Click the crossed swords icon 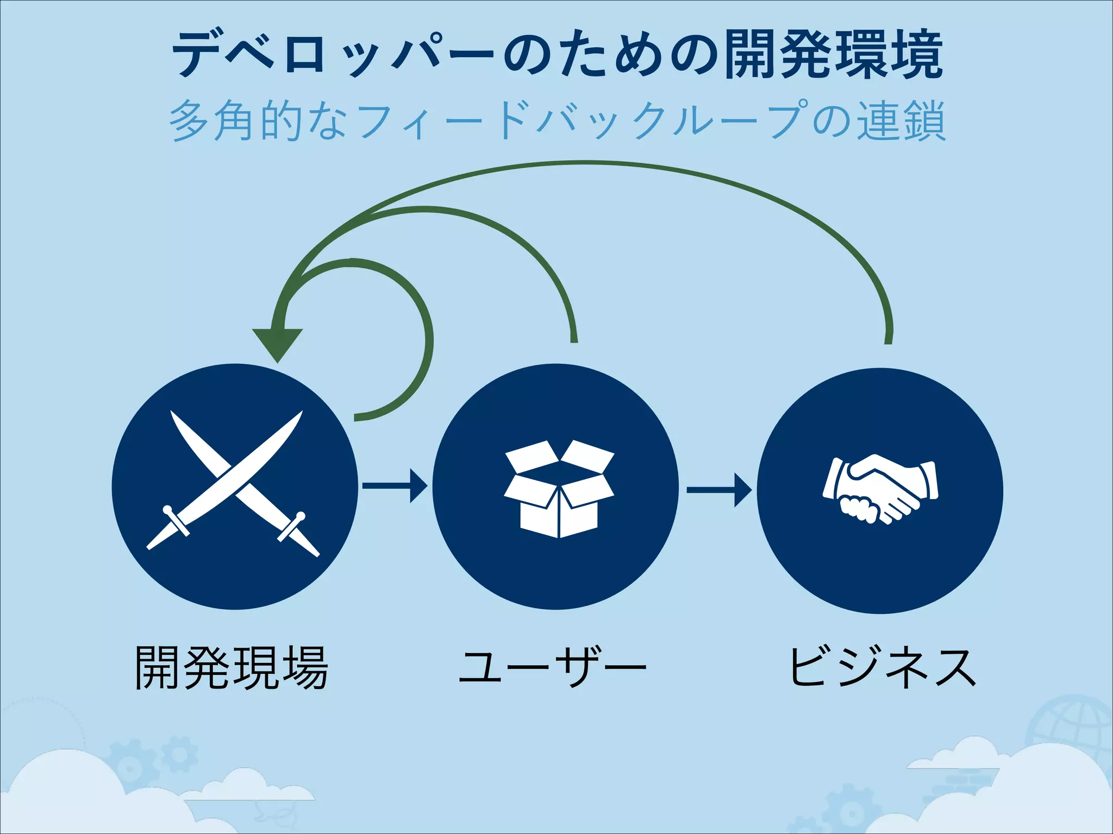(234, 483)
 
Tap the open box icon (559, 489)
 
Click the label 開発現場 (232, 668)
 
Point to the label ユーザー (552, 668)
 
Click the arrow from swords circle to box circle (395, 485)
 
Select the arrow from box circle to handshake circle (718, 490)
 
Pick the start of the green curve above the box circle (574, 339)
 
